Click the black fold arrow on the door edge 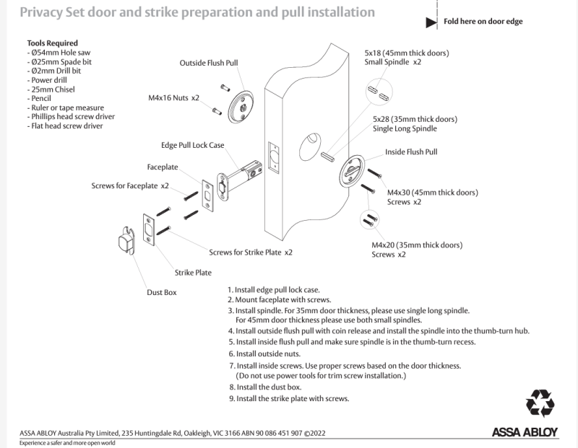[431, 22]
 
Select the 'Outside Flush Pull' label [209, 63]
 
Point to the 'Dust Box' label [162, 292]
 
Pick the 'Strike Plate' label [193, 273]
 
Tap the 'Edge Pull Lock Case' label [192, 145]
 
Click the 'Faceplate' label [163, 166]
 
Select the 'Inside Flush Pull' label [410, 152]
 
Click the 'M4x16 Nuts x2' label [173, 97]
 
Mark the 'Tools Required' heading [52, 43]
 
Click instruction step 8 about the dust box [264, 387]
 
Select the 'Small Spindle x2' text [393, 63]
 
